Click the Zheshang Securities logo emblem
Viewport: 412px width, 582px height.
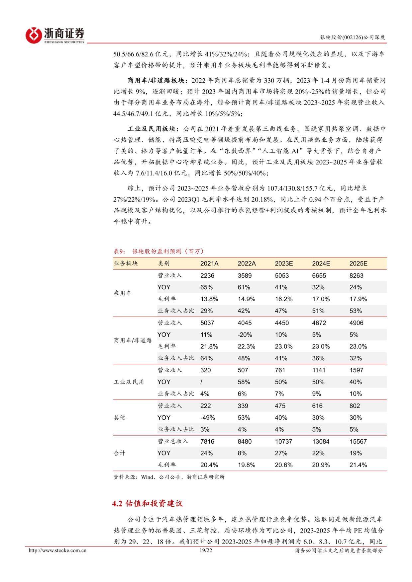[34, 34]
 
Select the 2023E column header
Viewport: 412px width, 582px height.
[284, 263]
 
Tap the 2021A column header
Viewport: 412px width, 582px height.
[209, 263]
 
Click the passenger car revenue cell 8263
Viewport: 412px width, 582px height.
[356, 276]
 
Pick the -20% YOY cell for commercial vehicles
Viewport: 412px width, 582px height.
[245, 335]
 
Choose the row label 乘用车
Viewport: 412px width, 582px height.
[123, 293]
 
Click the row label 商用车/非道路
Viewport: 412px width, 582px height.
[133, 341]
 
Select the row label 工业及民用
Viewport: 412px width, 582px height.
[129, 382]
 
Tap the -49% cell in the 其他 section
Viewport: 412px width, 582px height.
[208, 418]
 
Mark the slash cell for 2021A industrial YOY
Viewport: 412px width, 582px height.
[201, 382]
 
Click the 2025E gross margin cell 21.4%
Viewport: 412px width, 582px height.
[358, 465]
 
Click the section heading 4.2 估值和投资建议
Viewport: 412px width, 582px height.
[148, 504]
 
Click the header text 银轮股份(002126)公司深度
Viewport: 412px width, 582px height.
[353, 37]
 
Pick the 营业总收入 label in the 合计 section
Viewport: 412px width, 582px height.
[173, 442]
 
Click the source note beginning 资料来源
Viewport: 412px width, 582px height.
[169, 477]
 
